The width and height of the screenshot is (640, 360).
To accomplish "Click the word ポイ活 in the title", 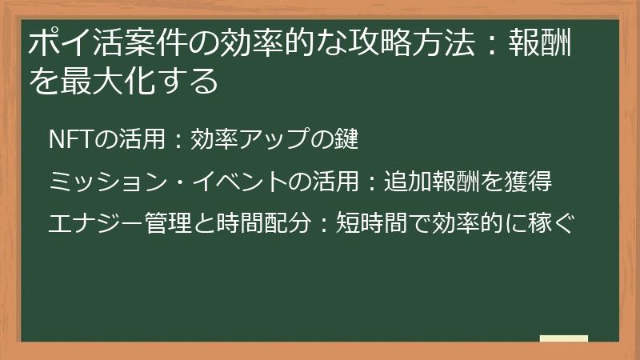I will point(70,43).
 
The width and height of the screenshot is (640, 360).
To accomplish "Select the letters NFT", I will point(66,139).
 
